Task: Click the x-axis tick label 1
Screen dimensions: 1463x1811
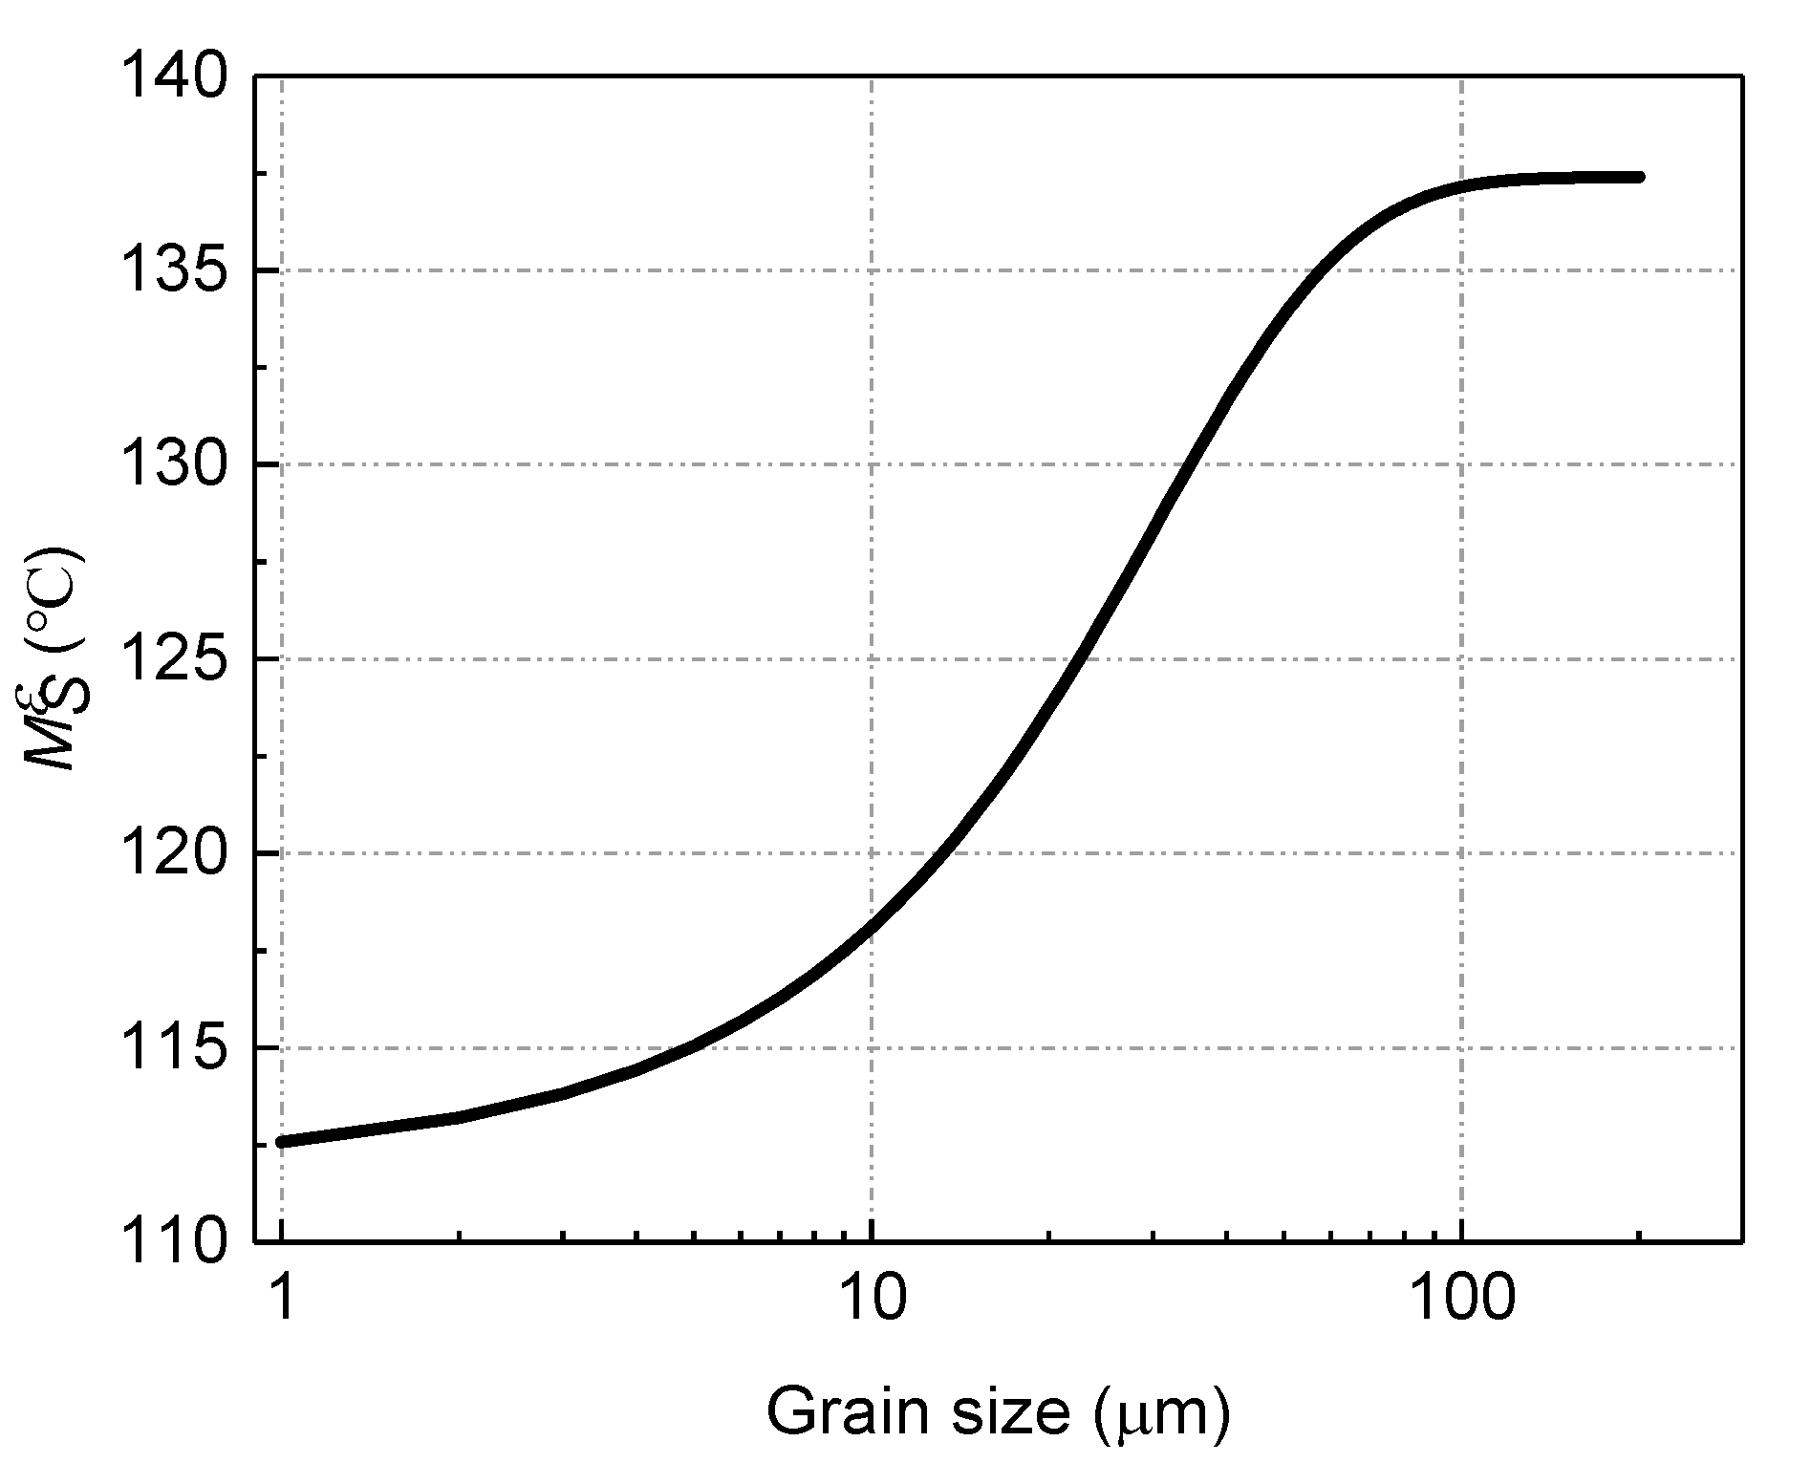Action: coord(283,1300)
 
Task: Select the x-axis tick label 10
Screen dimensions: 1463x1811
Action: coord(872,1300)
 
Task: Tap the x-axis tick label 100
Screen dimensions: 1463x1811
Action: coord(1461,1300)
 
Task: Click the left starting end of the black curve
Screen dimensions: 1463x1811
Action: coord(281,1142)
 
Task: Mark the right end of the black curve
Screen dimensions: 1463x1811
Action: coord(1640,177)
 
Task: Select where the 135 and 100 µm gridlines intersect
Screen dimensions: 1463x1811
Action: coord(1461,269)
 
